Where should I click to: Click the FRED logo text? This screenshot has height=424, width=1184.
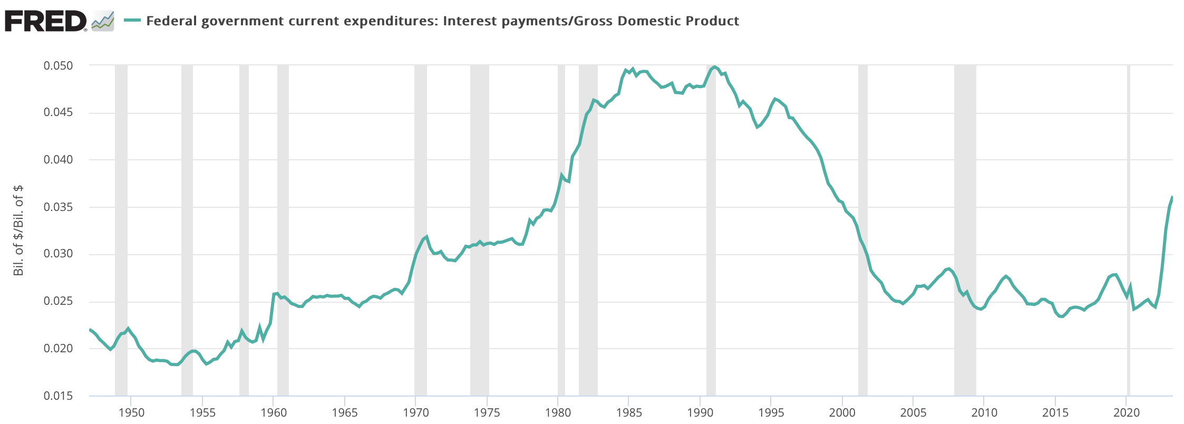tap(45, 21)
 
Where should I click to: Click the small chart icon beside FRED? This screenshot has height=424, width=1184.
tap(103, 21)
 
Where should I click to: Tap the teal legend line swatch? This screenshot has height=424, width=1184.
tap(132, 21)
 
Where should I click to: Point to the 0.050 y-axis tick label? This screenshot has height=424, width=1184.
tap(58, 66)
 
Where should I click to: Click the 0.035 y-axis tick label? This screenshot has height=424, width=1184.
tap(58, 207)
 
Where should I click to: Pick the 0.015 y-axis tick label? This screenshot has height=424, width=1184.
tap(58, 396)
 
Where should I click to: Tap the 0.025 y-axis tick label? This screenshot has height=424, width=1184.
tap(58, 302)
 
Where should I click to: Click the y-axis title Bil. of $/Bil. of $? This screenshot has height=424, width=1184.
tap(19, 230)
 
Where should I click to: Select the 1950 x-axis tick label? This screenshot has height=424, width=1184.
tap(131, 412)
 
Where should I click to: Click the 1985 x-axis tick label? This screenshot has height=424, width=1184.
tap(629, 412)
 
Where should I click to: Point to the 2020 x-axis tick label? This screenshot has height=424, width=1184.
tap(1127, 412)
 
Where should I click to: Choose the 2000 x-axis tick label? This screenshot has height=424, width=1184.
tap(842, 412)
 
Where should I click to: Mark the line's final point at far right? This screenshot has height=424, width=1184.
tap(1172, 197)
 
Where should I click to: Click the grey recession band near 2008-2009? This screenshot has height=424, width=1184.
tap(965, 211)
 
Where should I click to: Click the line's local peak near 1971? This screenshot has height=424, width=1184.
tap(426, 236)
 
